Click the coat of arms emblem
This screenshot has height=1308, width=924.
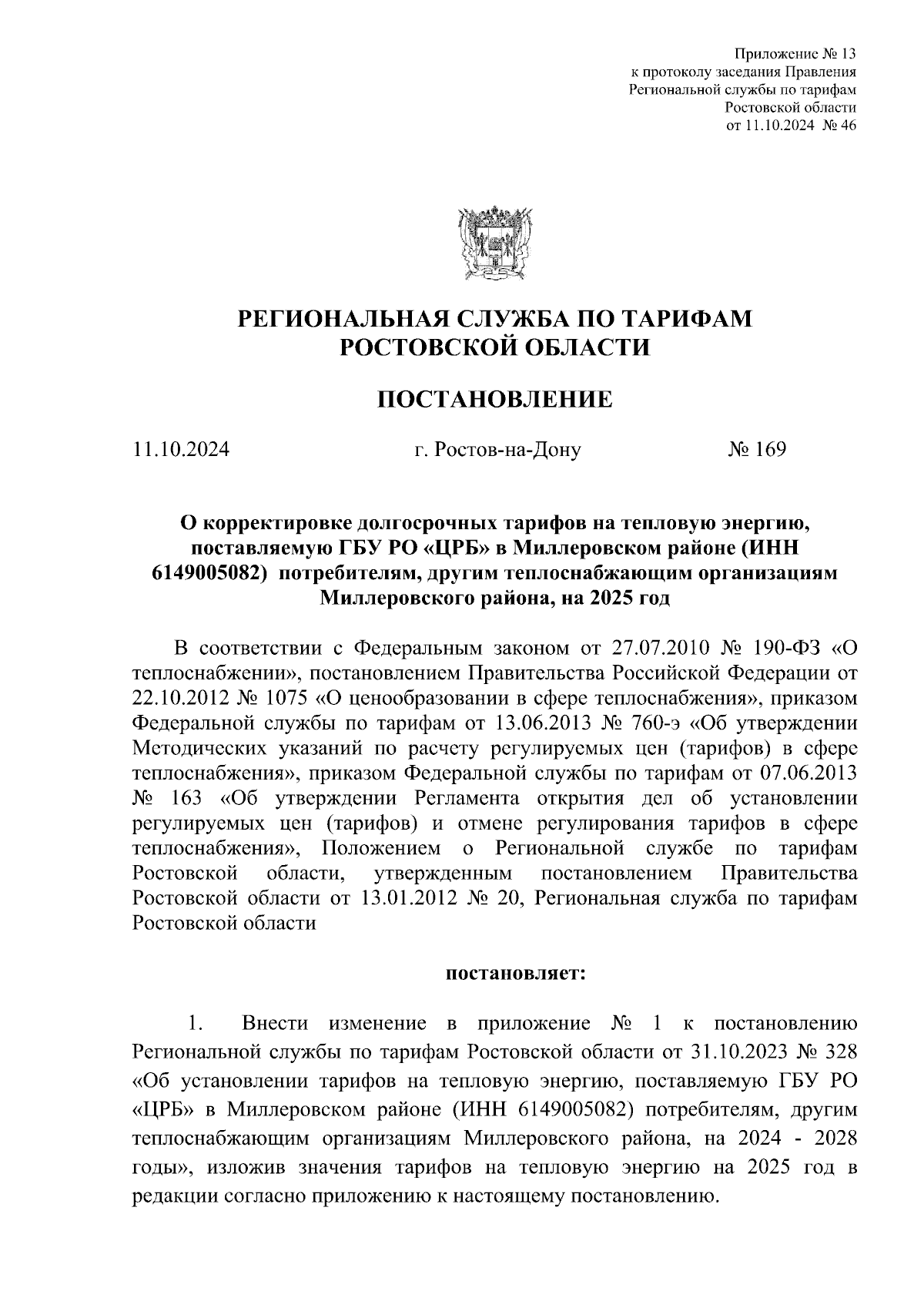pos(494,240)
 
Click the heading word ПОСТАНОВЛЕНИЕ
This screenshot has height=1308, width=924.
pos(494,399)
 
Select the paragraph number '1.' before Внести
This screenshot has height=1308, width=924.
pos(195,1025)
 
